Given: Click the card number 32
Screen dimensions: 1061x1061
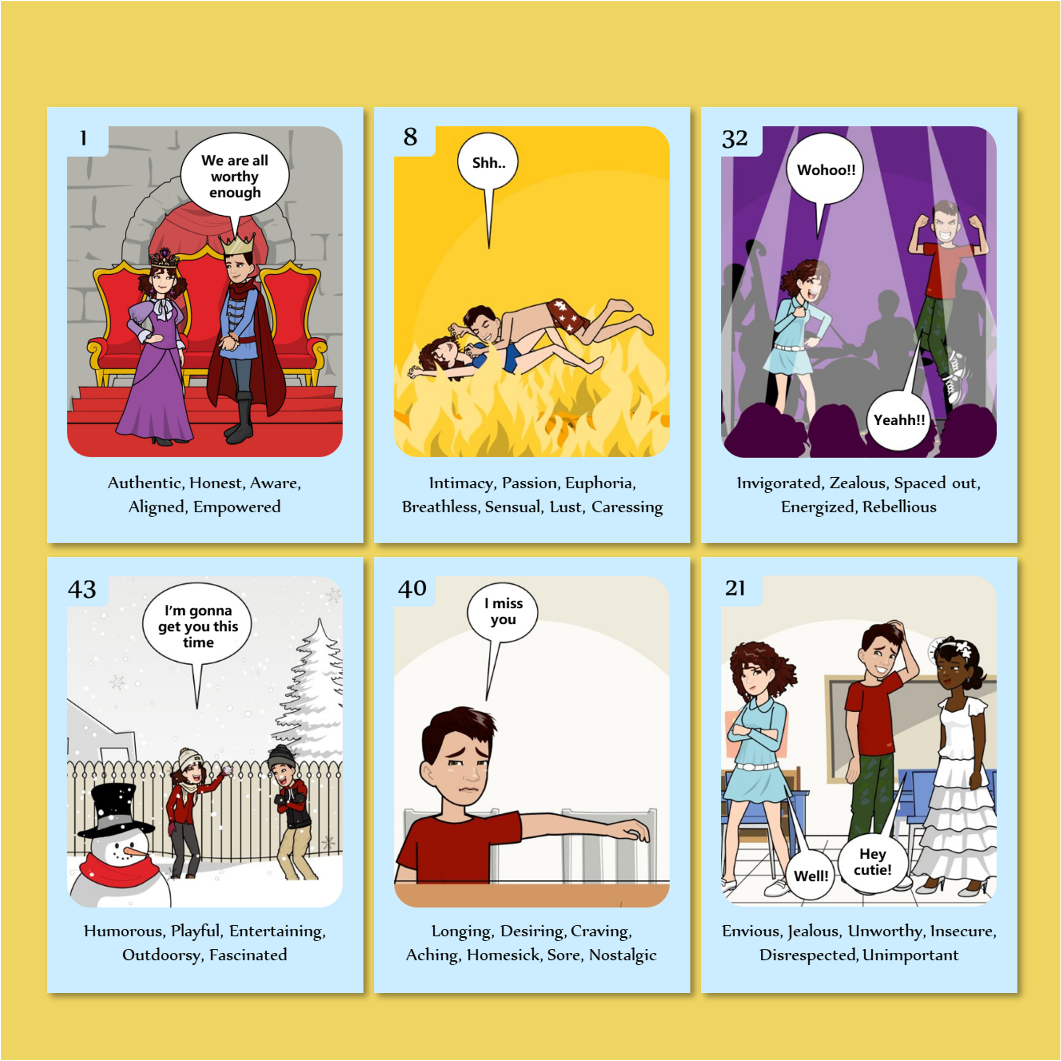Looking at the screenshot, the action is tap(735, 139).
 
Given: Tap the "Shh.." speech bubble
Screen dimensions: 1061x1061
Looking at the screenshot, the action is tap(488, 163).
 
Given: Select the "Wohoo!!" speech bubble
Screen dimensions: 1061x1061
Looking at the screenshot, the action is tap(825, 169).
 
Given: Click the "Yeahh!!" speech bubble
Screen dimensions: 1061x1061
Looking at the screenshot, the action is tap(899, 420).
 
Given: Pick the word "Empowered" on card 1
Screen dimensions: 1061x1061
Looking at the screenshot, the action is tap(237, 506).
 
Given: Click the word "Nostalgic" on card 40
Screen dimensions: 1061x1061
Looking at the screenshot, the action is tap(623, 955).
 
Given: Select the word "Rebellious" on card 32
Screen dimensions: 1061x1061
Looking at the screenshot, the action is tap(899, 506).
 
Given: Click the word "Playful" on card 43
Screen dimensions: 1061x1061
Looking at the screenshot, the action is tap(196, 932).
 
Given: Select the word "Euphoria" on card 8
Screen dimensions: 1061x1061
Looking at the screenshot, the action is tap(600, 483).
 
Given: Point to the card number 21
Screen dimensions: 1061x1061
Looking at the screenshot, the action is tap(735, 588).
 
